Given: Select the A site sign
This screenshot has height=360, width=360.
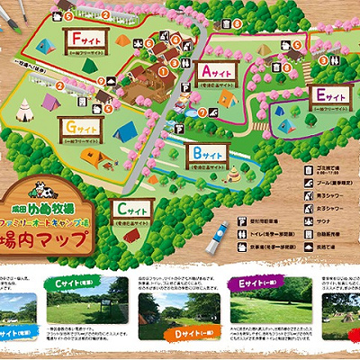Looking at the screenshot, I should click(216, 69).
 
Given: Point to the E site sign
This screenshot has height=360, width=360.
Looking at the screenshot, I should click(328, 94).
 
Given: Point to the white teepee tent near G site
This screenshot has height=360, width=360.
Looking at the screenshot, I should click(25, 111).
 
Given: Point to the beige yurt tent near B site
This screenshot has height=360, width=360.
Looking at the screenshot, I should click(236, 171).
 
